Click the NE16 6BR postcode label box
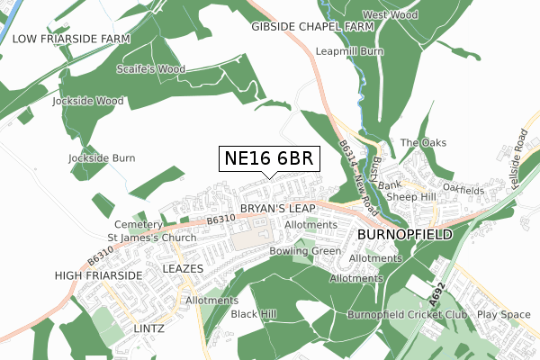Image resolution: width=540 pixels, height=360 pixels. point(267,159)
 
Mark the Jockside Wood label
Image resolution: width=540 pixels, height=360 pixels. point(87,101)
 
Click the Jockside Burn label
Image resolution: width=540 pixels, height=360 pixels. point(102,157)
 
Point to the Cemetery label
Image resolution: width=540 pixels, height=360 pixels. point(137,224)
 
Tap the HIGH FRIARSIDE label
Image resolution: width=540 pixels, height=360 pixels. point(99,274)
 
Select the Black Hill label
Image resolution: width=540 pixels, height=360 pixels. point(254,314)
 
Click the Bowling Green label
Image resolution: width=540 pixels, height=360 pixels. point(305,250)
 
